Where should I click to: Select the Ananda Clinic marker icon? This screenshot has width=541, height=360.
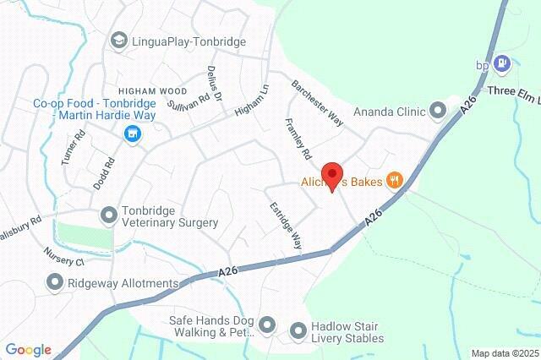[x=438, y=110]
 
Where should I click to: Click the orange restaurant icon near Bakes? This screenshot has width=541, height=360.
[x=393, y=180]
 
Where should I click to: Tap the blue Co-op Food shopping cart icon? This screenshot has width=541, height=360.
[x=132, y=134]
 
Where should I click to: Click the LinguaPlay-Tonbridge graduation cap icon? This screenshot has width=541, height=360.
[x=119, y=40]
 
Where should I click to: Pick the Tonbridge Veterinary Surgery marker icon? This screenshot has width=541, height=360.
[x=108, y=215]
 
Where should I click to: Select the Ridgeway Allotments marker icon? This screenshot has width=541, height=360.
[x=55, y=282]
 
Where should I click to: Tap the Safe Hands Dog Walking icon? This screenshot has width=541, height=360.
[x=268, y=324]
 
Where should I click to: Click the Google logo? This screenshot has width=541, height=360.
[x=28, y=350]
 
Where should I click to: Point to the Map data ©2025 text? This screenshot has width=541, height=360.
[x=504, y=353]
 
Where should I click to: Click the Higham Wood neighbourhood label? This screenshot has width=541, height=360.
[x=152, y=90]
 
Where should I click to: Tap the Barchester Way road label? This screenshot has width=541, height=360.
[x=317, y=104]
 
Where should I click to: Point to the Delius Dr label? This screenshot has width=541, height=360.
[x=212, y=85]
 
